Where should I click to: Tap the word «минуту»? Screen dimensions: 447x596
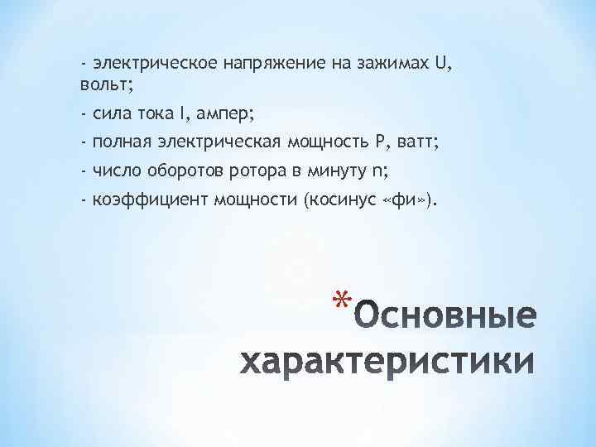(335, 172)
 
